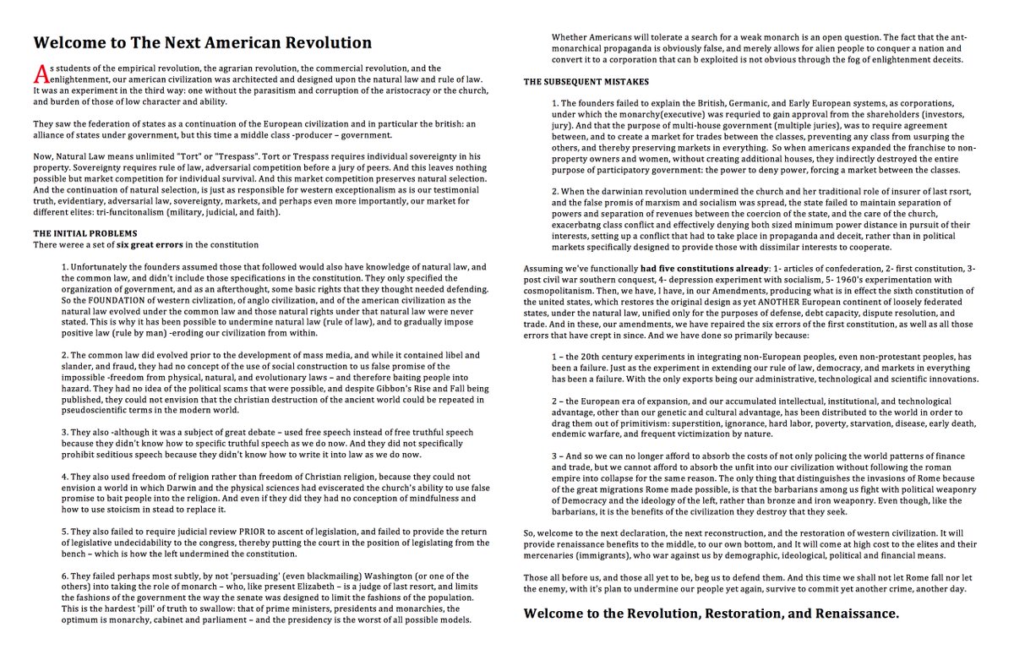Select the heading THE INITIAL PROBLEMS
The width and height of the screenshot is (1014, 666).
[x=84, y=232]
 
